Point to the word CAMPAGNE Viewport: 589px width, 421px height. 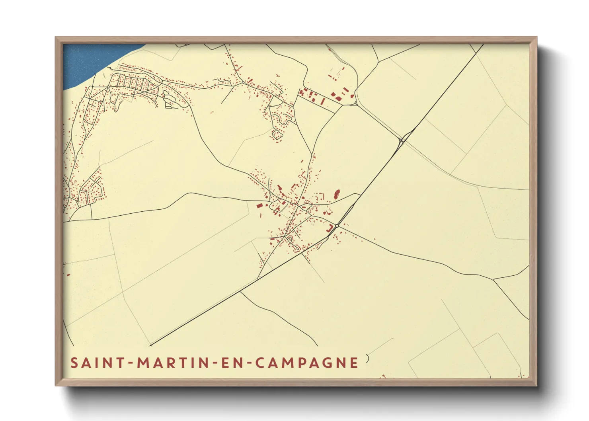[x=306, y=363]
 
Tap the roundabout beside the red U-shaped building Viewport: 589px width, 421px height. [x=337, y=226]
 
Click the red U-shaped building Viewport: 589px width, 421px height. [x=330, y=228]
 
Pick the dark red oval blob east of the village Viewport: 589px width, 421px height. [x=337, y=194]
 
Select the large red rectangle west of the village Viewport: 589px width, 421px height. [x=259, y=206]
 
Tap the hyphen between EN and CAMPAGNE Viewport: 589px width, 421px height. [x=248, y=363]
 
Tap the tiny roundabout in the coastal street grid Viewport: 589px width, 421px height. [x=108, y=86]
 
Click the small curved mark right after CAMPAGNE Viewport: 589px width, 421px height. [x=367, y=359]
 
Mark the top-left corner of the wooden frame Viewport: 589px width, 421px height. [x=56, y=37]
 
